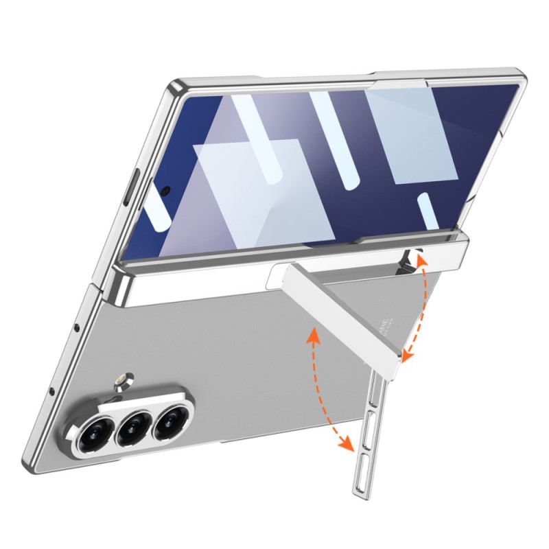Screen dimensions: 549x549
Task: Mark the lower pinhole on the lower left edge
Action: coord(52,392)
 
